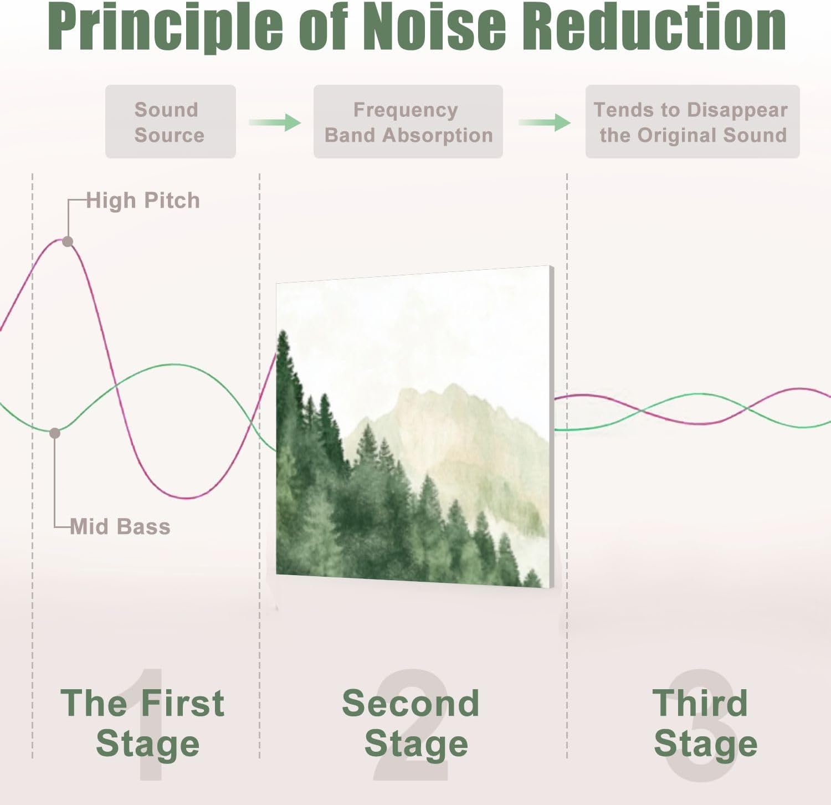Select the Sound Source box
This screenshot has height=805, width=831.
point(170,122)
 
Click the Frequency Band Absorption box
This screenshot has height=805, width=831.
point(408,122)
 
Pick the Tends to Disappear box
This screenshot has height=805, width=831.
point(692,122)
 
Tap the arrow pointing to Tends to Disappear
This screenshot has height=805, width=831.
point(544,122)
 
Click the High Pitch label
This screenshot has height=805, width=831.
point(143,201)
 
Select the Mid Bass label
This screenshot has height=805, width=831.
point(120,526)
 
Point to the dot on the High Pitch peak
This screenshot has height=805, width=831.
point(68,242)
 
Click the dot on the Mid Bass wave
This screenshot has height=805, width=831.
point(55,433)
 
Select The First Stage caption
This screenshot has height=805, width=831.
point(143,723)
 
